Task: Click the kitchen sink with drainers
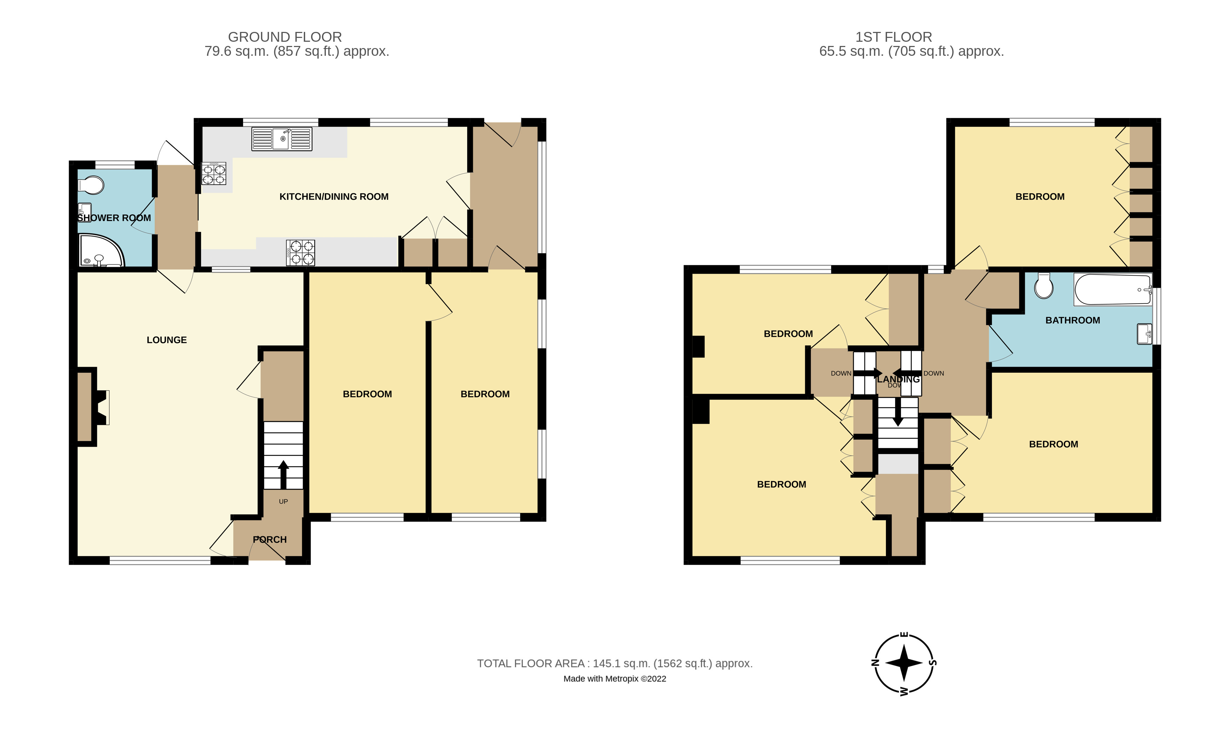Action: (x=282, y=139)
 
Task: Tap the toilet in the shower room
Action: (x=91, y=186)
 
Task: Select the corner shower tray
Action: (x=100, y=252)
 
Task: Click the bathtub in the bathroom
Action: (x=1112, y=290)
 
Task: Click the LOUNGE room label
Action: (x=167, y=340)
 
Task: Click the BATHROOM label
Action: (x=1072, y=320)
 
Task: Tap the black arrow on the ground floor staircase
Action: (x=283, y=474)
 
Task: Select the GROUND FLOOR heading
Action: (x=284, y=37)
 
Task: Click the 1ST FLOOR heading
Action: (x=893, y=37)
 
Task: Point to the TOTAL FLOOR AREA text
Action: (x=614, y=664)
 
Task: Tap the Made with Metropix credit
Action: (x=614, y=679)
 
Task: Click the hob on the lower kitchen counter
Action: (x=300, y=253)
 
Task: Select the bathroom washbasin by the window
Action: (x=1144, y=333)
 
